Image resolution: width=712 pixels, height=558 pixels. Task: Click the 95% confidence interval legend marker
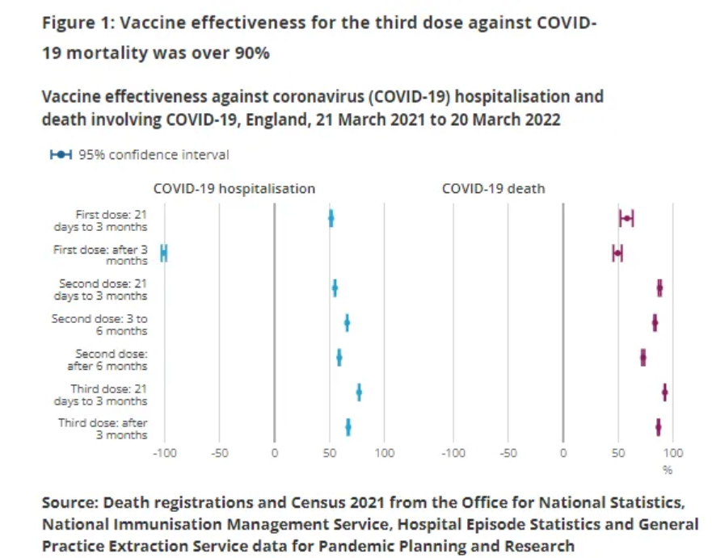pyautogui.click(x=61, y=155)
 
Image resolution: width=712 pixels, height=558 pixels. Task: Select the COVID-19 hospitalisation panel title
pyautogui.click(x=234, y=189)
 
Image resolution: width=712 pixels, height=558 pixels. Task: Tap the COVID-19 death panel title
pyautogui.click(x=493, y=189)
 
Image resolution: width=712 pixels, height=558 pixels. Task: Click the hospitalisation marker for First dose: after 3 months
pyautogui.click(x=164, y=254)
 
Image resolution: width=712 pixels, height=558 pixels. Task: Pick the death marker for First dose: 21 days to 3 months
pyautogui.click(x=626, y=218)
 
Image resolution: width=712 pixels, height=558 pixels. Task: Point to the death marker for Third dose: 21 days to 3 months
pyautogui.click(x=664, y=392)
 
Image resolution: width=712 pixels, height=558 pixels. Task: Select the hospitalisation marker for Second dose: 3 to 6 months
pyautogui.click(x=347, y=323)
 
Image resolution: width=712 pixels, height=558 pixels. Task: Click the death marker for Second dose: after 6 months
pyautogui.click(x=643, y=358)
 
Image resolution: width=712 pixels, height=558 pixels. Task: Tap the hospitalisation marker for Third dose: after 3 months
pyautogui.click(x=348, y=427)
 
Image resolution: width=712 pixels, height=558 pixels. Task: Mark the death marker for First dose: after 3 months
pyautogui.click(x=617, y=254)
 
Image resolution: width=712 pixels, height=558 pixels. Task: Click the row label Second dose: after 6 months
pyautogui.click(x=112, y=359)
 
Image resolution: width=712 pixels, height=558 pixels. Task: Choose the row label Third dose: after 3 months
pyautogui.click(x=103, y=429)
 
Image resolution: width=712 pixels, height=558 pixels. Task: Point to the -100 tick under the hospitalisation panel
pyautogui.click(x=164, y=453)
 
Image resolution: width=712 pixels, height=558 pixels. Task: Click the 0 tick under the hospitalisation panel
pyautogui.click(x=274, y=453)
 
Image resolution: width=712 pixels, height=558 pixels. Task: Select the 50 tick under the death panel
pyautogui.click(x=618, y=453)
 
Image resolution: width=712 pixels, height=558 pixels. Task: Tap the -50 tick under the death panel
pyautogui.click(x=508, y=453)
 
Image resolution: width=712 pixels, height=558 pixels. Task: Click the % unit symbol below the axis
pyautogui.click(x=668, y=469)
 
